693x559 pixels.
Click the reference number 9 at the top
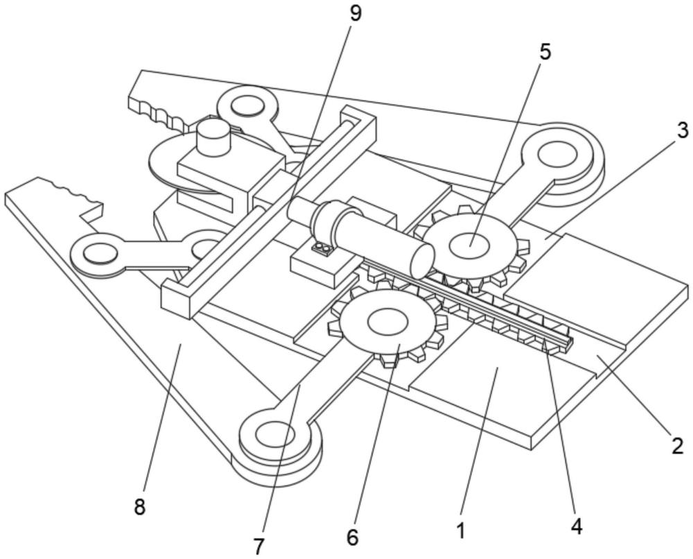(x=355, y=14)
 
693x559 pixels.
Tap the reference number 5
(x=545, y=53)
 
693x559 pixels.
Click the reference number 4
(x=576, y=526)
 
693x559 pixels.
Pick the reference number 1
(x=461, y=531)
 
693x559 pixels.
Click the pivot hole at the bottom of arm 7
(x=275, y=435)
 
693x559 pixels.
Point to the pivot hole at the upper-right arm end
(x=556, y=154)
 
